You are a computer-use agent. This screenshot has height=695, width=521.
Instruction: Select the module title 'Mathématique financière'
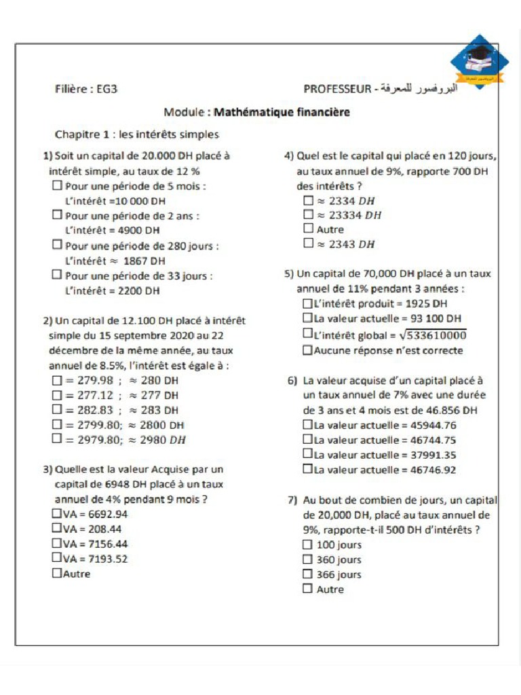click(x=282, y=112)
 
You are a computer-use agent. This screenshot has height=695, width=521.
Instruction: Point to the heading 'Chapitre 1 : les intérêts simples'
click(x=136, y=134)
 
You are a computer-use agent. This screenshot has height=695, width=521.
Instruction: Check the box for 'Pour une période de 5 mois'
click(x=57, y=185)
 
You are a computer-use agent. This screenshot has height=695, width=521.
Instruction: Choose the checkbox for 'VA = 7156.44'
click(x=56, y=544)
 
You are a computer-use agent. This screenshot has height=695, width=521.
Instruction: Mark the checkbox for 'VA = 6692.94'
click(x=56, y=514)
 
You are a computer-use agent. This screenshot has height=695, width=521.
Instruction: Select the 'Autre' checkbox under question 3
click(x=56, y=574)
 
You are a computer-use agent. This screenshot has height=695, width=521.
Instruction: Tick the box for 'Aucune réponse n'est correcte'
click(x=307, y=350)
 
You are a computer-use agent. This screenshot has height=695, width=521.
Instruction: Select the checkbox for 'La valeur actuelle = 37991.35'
click(x=307, y=454)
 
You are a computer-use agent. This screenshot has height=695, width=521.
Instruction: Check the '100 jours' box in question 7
click(x=307, y=544)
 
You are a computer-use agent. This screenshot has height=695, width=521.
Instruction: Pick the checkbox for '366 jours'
click(x=307, y=574)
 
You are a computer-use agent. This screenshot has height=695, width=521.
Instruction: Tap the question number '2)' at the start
click(x=48, y=320)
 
